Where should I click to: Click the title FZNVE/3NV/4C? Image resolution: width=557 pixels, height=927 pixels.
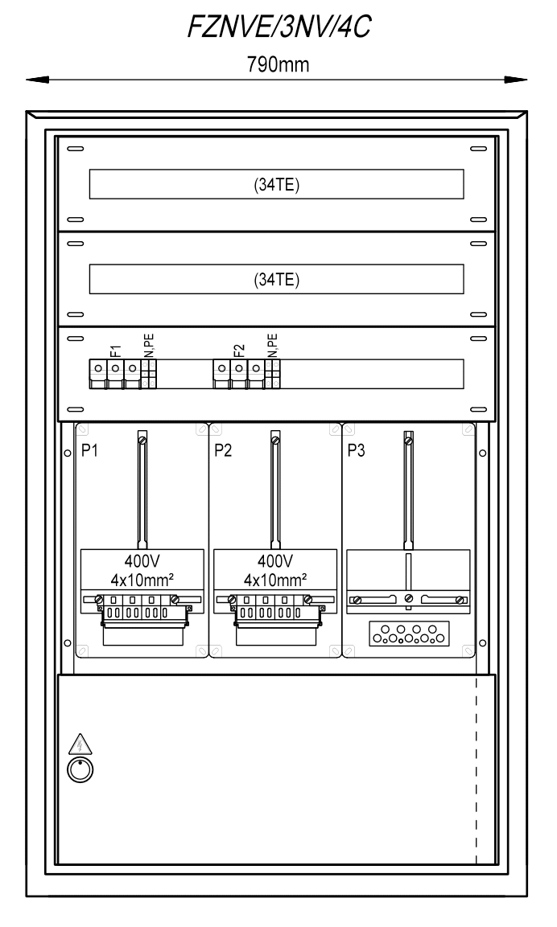pos(278,27)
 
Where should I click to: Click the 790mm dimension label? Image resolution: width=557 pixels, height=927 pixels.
pos(278,64)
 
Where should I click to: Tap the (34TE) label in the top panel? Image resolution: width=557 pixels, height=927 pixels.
pos(276,185)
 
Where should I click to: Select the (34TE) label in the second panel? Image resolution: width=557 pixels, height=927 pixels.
pos(276,280)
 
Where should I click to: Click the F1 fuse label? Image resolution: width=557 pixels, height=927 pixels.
pos(116,351)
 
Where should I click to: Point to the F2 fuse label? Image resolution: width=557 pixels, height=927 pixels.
pos(239,351)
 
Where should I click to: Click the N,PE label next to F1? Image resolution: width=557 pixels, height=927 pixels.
pos(149,346)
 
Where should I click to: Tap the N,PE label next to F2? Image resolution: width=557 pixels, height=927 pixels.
pos(272,346)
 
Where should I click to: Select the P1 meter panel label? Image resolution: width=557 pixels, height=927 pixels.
pos(90,450)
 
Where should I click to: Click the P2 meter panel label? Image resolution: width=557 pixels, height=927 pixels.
pos(223,450)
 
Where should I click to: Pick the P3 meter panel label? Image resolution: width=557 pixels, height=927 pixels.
pos(357,450)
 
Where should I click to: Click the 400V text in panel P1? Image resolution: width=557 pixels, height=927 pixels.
pos(142,560)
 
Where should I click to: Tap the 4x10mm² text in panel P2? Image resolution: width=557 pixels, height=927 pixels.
pos(275,580)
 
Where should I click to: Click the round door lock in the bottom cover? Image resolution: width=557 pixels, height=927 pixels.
pos(80,769)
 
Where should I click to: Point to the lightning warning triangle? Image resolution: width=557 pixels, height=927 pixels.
pos(80,744)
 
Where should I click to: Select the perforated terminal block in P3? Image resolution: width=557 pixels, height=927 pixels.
pos(409,634)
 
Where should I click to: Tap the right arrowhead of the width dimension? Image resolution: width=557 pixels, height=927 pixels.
pos(516,80)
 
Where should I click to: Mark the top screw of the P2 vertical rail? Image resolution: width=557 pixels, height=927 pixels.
pos(275,440)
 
